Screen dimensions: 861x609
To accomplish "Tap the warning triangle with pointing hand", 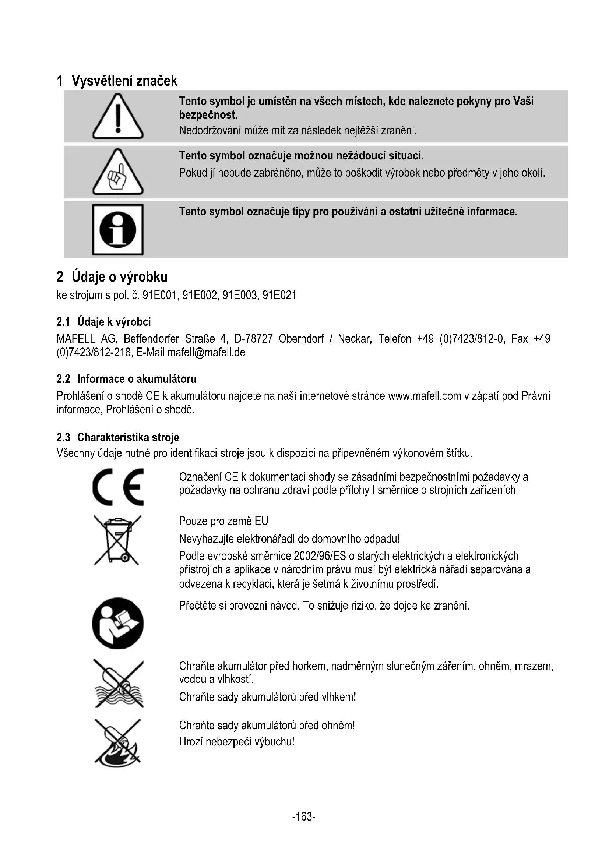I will click(x=118, y=173).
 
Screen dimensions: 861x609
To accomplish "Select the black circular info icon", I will click(x=118, y=229).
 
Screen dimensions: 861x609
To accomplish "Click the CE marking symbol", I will click(x=118, y=487).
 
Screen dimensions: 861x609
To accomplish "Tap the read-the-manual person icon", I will click(x=118, y=623).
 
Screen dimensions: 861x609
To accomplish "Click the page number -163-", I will click(x=304, y=816).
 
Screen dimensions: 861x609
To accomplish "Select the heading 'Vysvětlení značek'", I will click(x=124, y=81).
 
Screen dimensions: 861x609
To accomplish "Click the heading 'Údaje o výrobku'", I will click(x=120, y=277).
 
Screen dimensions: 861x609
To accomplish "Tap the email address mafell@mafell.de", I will click(x=206, y=353).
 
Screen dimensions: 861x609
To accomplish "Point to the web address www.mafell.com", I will click(x=424, y=396).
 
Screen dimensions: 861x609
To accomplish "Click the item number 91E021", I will click(x=279, y=296).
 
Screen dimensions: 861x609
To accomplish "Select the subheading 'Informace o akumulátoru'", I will click(x=137, y=379).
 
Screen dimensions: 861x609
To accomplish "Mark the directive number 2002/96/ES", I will click(x=320, y=556).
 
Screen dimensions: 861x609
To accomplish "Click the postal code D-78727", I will click(x=253, y=339).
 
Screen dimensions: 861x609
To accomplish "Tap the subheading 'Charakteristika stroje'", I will click(x=128, y=437).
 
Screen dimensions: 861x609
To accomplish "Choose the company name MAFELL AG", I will click(x=87, y=339).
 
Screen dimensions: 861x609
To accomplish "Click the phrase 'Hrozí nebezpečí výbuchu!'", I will click(x=237, y=741).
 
